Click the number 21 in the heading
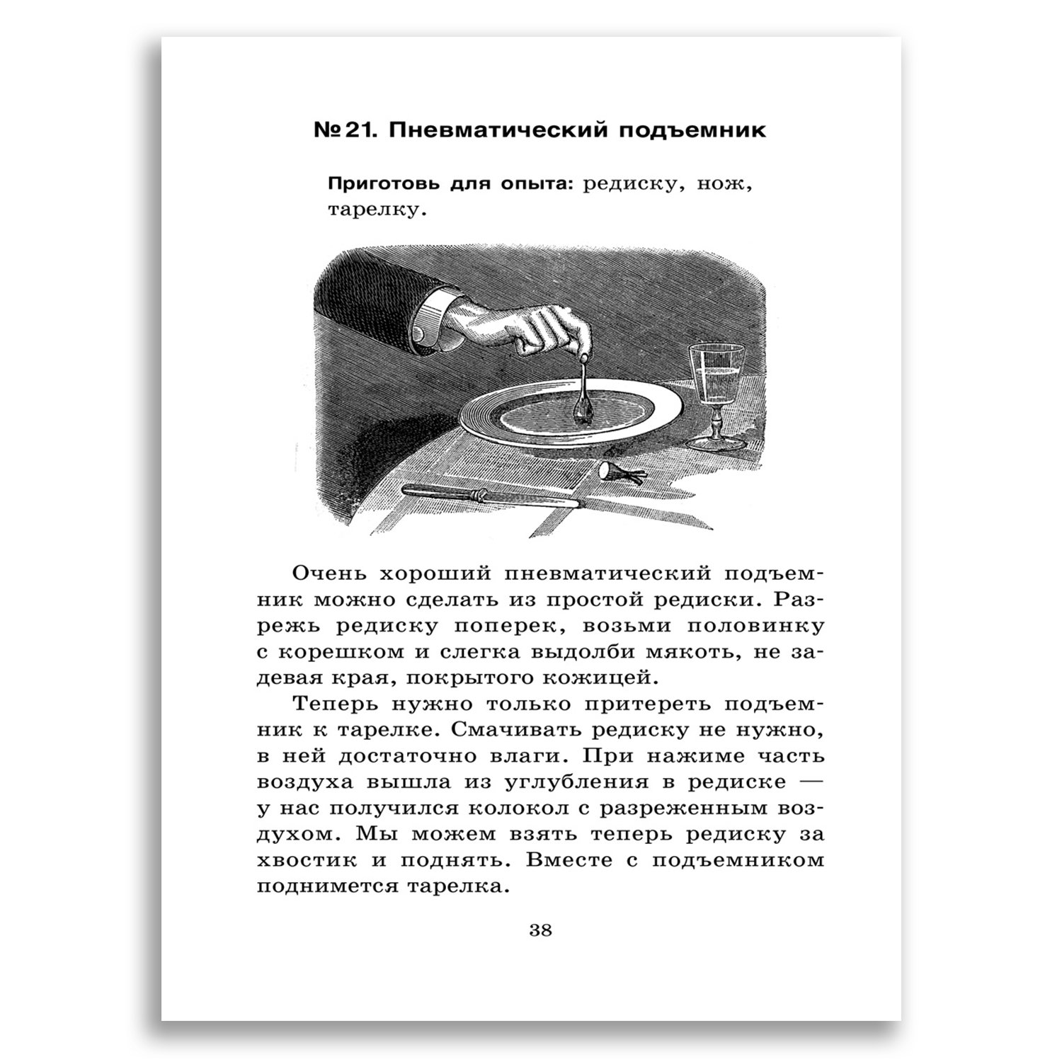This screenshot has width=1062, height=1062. [349, 132]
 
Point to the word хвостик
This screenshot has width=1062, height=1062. [305, 861]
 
